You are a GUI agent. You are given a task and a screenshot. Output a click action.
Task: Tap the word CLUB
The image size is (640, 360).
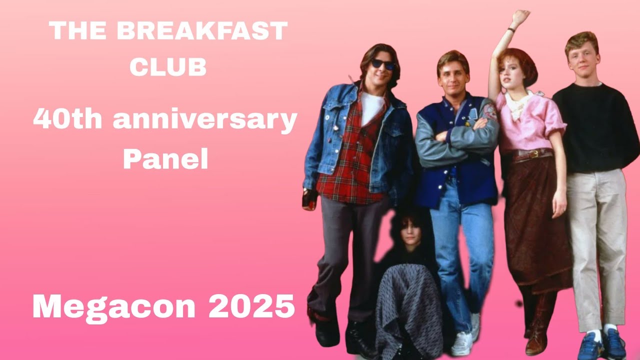[168, 68]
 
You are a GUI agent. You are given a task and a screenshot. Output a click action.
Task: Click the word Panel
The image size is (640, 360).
[165, 159]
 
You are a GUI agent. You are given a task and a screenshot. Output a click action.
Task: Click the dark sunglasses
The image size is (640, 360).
[383, 64]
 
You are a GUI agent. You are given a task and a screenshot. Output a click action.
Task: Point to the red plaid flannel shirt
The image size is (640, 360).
[350, 160]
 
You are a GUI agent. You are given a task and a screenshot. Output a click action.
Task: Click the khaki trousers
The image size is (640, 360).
[597, 240]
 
